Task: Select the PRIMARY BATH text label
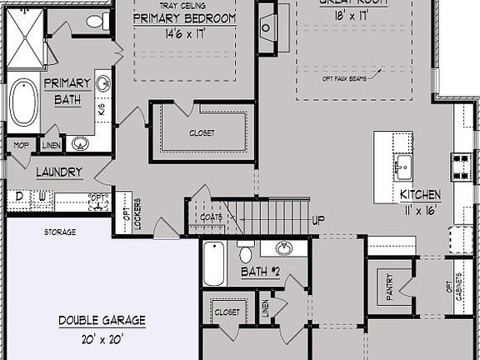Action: point(62,91)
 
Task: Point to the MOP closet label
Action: point(21,144)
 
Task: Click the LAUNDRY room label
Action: point(59,172)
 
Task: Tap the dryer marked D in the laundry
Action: point(18,197)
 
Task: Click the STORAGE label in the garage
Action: point(59,232)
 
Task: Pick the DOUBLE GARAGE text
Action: point(102,319)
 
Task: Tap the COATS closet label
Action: point(211,217)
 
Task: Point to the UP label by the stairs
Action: point(317,221)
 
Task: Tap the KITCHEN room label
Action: point(420,194)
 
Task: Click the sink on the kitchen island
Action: point(403,165)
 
